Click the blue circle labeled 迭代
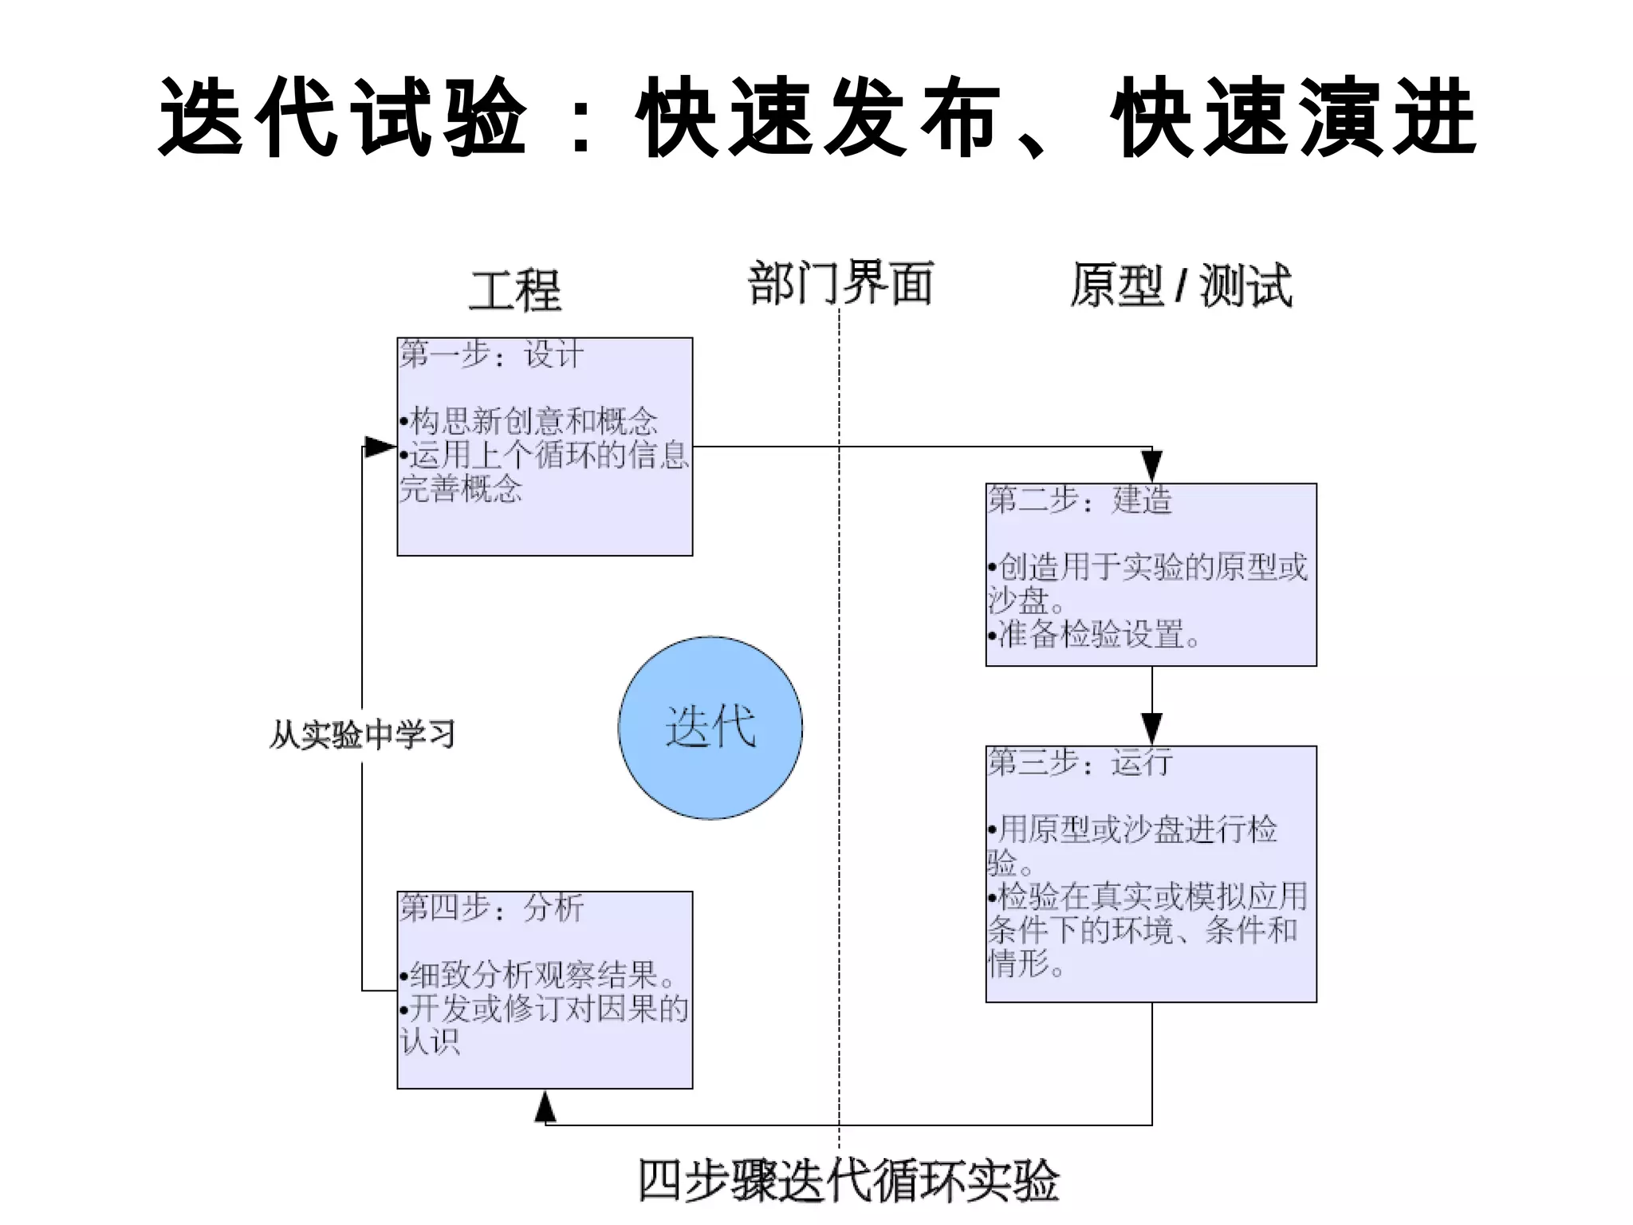(x=710, y=727)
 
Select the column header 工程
(x=515, y=290)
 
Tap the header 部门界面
(x=840, y=283)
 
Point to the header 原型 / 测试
(x=1180, y=286)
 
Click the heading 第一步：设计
(x=492, y=354)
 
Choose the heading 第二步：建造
(x=1080, y=500)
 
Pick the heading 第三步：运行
(x=1080, y=762)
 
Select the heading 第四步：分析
(x=492, y=908)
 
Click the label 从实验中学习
(x=362, y=735)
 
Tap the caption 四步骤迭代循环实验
(x=848, y=1181)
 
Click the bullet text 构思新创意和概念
(x=533, y=421)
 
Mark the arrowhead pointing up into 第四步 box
(x=545, y=1105)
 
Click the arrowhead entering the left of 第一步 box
(x=380, y=447)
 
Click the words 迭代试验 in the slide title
(x=343, y=118)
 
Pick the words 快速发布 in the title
(x=817, y=118)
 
